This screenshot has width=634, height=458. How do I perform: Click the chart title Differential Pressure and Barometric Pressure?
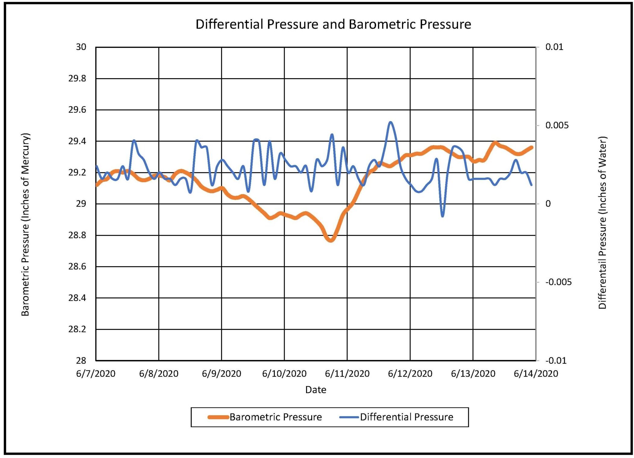[333, 24]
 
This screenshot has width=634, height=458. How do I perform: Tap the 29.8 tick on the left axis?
[77, 78]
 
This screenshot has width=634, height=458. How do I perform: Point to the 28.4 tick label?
[77, 298]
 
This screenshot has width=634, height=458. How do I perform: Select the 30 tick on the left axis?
[81, 47]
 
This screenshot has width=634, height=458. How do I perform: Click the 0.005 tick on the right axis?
[557, 125]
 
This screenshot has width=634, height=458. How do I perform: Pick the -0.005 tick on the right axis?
[558, 282]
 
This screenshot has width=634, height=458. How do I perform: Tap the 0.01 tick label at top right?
[554, 47]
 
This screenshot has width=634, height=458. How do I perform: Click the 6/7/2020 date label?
[96, 373]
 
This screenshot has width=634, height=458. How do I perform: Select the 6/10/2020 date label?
[284, 373]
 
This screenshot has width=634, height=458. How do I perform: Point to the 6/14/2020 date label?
[536, 373]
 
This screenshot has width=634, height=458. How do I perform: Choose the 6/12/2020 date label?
[410, 373]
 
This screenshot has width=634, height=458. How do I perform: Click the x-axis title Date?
[316, 390]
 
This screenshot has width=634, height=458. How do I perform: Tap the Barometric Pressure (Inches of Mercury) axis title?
[25, 224]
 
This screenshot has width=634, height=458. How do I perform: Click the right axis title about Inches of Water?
[602, 223]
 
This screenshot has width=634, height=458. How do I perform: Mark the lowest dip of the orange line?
[330, 240]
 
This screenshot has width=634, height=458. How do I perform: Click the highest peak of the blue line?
[390, 122]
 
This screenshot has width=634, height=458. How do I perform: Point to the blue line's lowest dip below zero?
[442, 216]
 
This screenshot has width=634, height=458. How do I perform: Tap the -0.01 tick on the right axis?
[556, 361]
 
